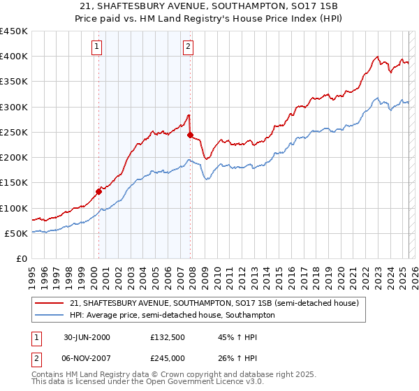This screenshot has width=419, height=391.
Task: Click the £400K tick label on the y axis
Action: click(14, 57)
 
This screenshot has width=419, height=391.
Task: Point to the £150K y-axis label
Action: click(14, 183)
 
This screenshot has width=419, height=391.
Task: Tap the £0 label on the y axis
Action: click(20, 259)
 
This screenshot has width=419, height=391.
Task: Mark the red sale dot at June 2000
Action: click(98, 191)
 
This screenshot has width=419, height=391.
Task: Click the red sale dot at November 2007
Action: click(191, 135)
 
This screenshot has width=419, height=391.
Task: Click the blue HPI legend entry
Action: click(172, 316)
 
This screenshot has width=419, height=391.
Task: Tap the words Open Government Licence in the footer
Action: click(195, 383)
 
